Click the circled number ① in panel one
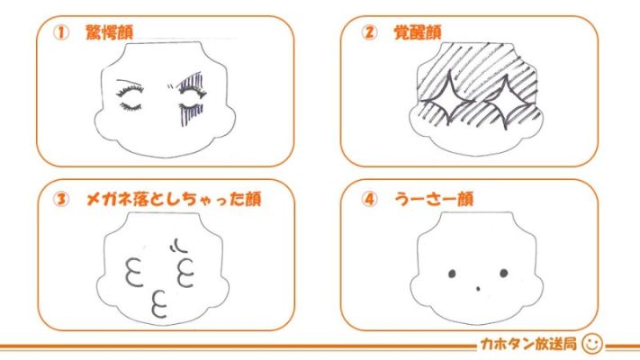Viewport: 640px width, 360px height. pos(61,32)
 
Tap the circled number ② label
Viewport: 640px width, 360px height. pos(369,32)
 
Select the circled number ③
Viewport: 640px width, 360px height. pos(61,199)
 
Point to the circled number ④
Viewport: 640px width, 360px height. pos(369,199)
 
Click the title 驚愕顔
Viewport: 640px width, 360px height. pos(110,32)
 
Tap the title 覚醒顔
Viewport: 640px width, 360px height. pos(417,32)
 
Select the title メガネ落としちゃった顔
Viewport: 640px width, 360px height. pos(174,199)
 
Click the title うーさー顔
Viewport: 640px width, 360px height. pos(434,199)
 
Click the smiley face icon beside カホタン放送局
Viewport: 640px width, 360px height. pos(591,344)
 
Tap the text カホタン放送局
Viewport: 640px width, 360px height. pos(528,344)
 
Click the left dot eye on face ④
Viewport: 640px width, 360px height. pos(452,274)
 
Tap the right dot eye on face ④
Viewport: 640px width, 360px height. pos(504,273)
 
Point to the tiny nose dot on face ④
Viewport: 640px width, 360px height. pos(478,289)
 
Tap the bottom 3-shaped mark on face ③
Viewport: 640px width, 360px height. pos(159,304)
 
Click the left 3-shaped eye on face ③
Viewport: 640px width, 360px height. pos(134,272)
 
